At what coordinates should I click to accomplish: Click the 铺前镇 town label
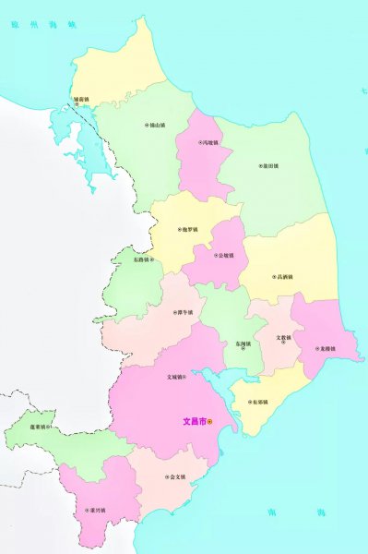coord(82,98)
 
